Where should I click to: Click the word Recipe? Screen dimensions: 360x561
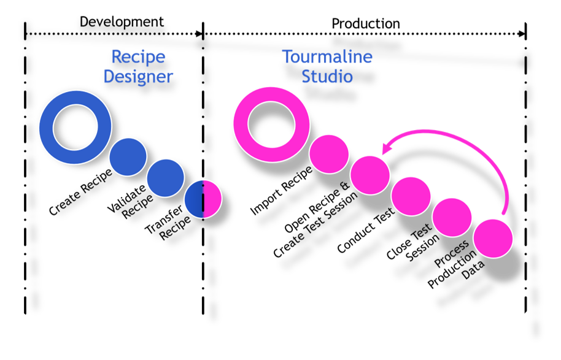(x=138, y=57)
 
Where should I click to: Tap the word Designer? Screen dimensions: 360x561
(x=138, y=77)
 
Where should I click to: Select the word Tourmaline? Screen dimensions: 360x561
(x=327, y=57)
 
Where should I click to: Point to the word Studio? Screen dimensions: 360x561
(x=327, y=77)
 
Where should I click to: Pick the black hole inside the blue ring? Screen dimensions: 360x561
(x=75, y=128)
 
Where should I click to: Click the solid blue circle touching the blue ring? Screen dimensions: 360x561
(x=128, y=157)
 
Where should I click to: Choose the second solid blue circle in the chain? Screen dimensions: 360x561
(x=165, y=178)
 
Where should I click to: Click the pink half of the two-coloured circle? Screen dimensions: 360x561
(x=212, y=199)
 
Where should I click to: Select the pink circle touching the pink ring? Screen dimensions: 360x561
(x=329, y=154)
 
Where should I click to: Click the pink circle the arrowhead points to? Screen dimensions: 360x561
(x=370, y=175)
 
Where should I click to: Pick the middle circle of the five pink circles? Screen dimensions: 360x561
(x=411, y=196)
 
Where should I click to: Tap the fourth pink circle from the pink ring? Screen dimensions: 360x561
(x=452, y=217)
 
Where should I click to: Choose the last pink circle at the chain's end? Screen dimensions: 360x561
(x=493, y=239)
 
